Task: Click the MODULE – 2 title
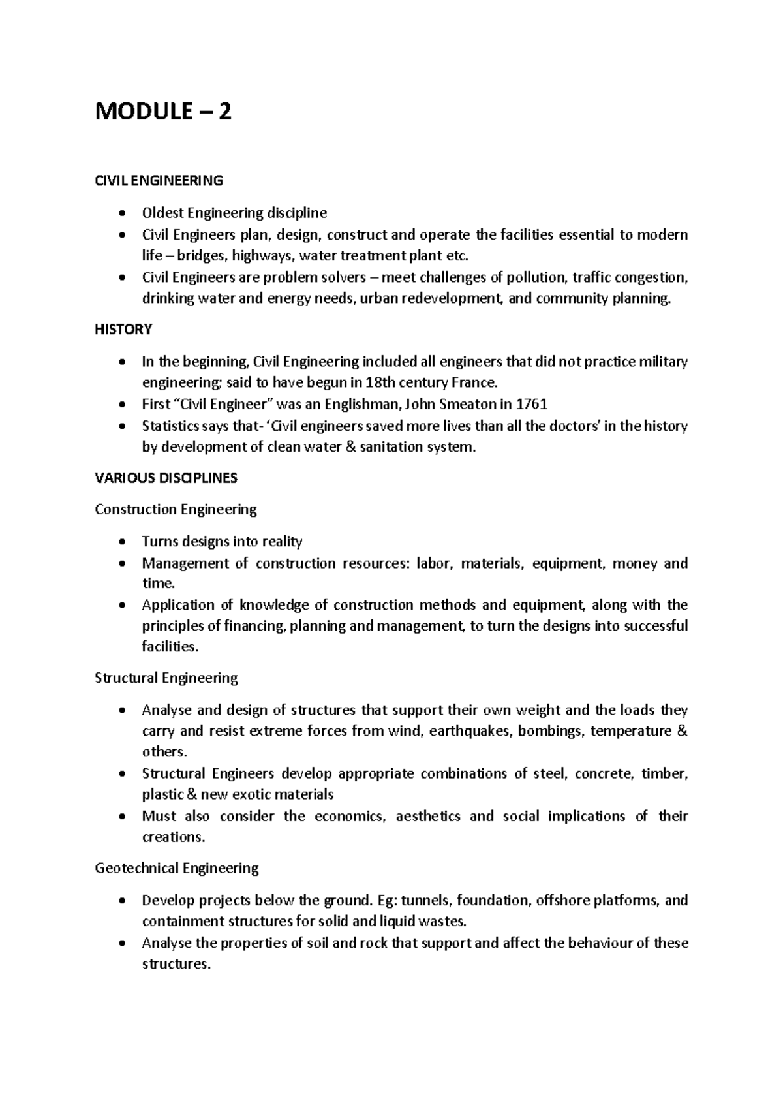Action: coord(163,112)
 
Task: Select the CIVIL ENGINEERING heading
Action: coord(159,181)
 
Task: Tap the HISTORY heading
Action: coord(123,330)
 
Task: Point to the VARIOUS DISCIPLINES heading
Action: coord(166,478)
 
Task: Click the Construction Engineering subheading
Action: coord(176,509)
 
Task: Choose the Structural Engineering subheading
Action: coord(166,678)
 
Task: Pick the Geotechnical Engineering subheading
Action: coord(177,869)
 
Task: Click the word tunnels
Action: coord(425,901)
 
